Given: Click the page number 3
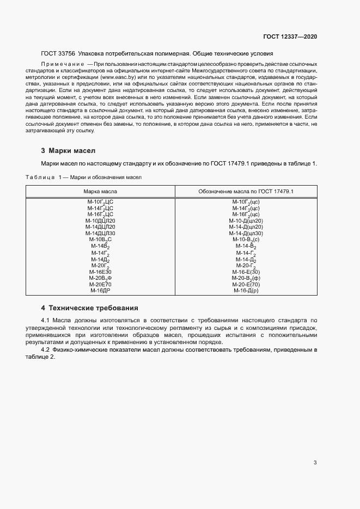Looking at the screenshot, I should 315,463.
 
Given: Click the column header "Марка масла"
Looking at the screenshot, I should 100,192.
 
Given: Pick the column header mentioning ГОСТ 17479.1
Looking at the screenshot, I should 246,192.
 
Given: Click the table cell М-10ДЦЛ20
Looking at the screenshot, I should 100,220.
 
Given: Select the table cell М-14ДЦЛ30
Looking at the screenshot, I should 100,233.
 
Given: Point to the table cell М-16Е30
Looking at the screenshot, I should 100,272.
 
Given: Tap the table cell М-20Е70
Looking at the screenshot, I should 100,284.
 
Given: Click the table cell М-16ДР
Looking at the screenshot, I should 100,291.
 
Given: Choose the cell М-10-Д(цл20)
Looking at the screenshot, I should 246,220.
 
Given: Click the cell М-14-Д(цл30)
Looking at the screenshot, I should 246,233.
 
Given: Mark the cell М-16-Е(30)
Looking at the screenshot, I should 246,272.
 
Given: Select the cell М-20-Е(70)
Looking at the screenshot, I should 246,284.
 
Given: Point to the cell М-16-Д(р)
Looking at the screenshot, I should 246,291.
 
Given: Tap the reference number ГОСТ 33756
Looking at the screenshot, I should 58,54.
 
